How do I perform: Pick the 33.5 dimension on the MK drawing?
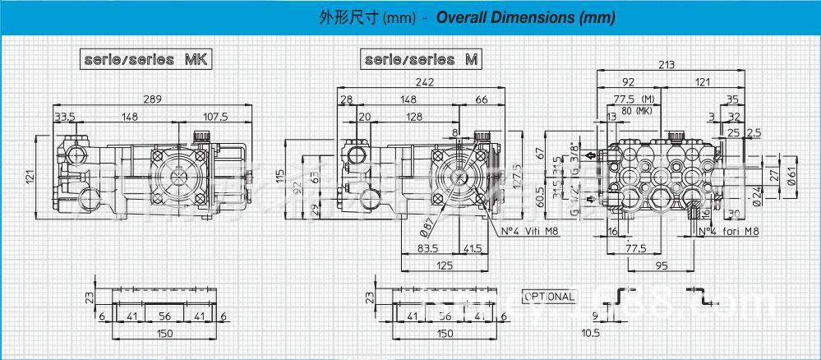[65, 117]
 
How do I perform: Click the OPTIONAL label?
[551, 296]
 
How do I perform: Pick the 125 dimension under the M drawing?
[443, 265]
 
